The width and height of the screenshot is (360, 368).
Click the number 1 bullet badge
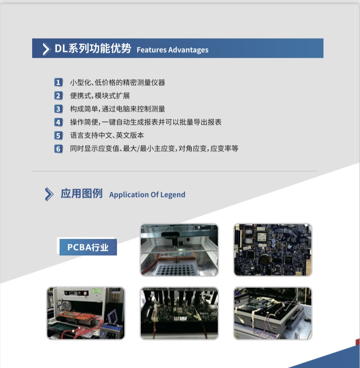point(58,82)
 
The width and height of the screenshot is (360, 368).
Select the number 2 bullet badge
point(58,96)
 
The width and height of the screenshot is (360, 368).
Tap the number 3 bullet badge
point(58,109)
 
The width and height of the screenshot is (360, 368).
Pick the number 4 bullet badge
point(58,122)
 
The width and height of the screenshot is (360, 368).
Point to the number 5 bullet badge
point(58,135)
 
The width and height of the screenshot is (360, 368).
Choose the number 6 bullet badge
point(58,149)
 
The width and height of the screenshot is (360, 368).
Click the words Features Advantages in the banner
point(172,50)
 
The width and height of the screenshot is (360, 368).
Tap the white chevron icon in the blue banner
point(47,49)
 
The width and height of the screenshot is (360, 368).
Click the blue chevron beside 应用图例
point(49,194)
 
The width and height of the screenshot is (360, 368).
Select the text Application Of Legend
point(147,194)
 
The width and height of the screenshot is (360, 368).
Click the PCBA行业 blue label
point(88,247)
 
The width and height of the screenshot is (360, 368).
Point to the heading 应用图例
point(82,194)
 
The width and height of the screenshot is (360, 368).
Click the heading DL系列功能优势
point(93,48)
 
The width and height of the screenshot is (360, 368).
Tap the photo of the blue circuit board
point(273,250)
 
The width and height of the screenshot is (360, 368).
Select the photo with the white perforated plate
point(180,250)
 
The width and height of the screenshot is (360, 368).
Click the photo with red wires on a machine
point(86,313)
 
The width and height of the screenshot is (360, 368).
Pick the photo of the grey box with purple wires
point(273,313)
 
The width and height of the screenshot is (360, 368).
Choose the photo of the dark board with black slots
point(180,313)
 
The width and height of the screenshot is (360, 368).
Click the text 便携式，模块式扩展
point(100,96)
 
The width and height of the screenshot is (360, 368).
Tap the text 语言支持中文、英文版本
point(107,135)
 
